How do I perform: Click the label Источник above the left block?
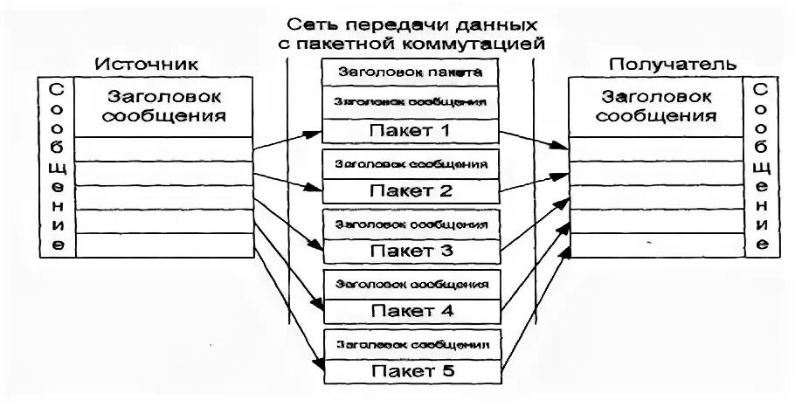pos(146,65)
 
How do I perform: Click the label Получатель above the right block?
pos(673,65)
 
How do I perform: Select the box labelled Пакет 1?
pos(410,131)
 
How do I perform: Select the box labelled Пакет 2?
pos(410,190)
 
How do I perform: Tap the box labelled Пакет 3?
pos(410,251)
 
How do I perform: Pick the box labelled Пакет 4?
pos(410,309)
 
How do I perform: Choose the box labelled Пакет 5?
pos(410,371)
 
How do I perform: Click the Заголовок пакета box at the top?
pos(410,72)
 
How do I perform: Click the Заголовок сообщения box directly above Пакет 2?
pos(410,162)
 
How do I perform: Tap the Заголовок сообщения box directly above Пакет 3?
pos(410,224)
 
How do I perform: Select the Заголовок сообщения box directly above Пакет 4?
pos(410,283)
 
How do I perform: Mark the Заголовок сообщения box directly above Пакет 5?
pos(410,343)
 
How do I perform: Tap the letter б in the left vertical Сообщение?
pos(56,145)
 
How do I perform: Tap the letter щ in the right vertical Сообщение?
pos(761,166)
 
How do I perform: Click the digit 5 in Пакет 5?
pos(448,371)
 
